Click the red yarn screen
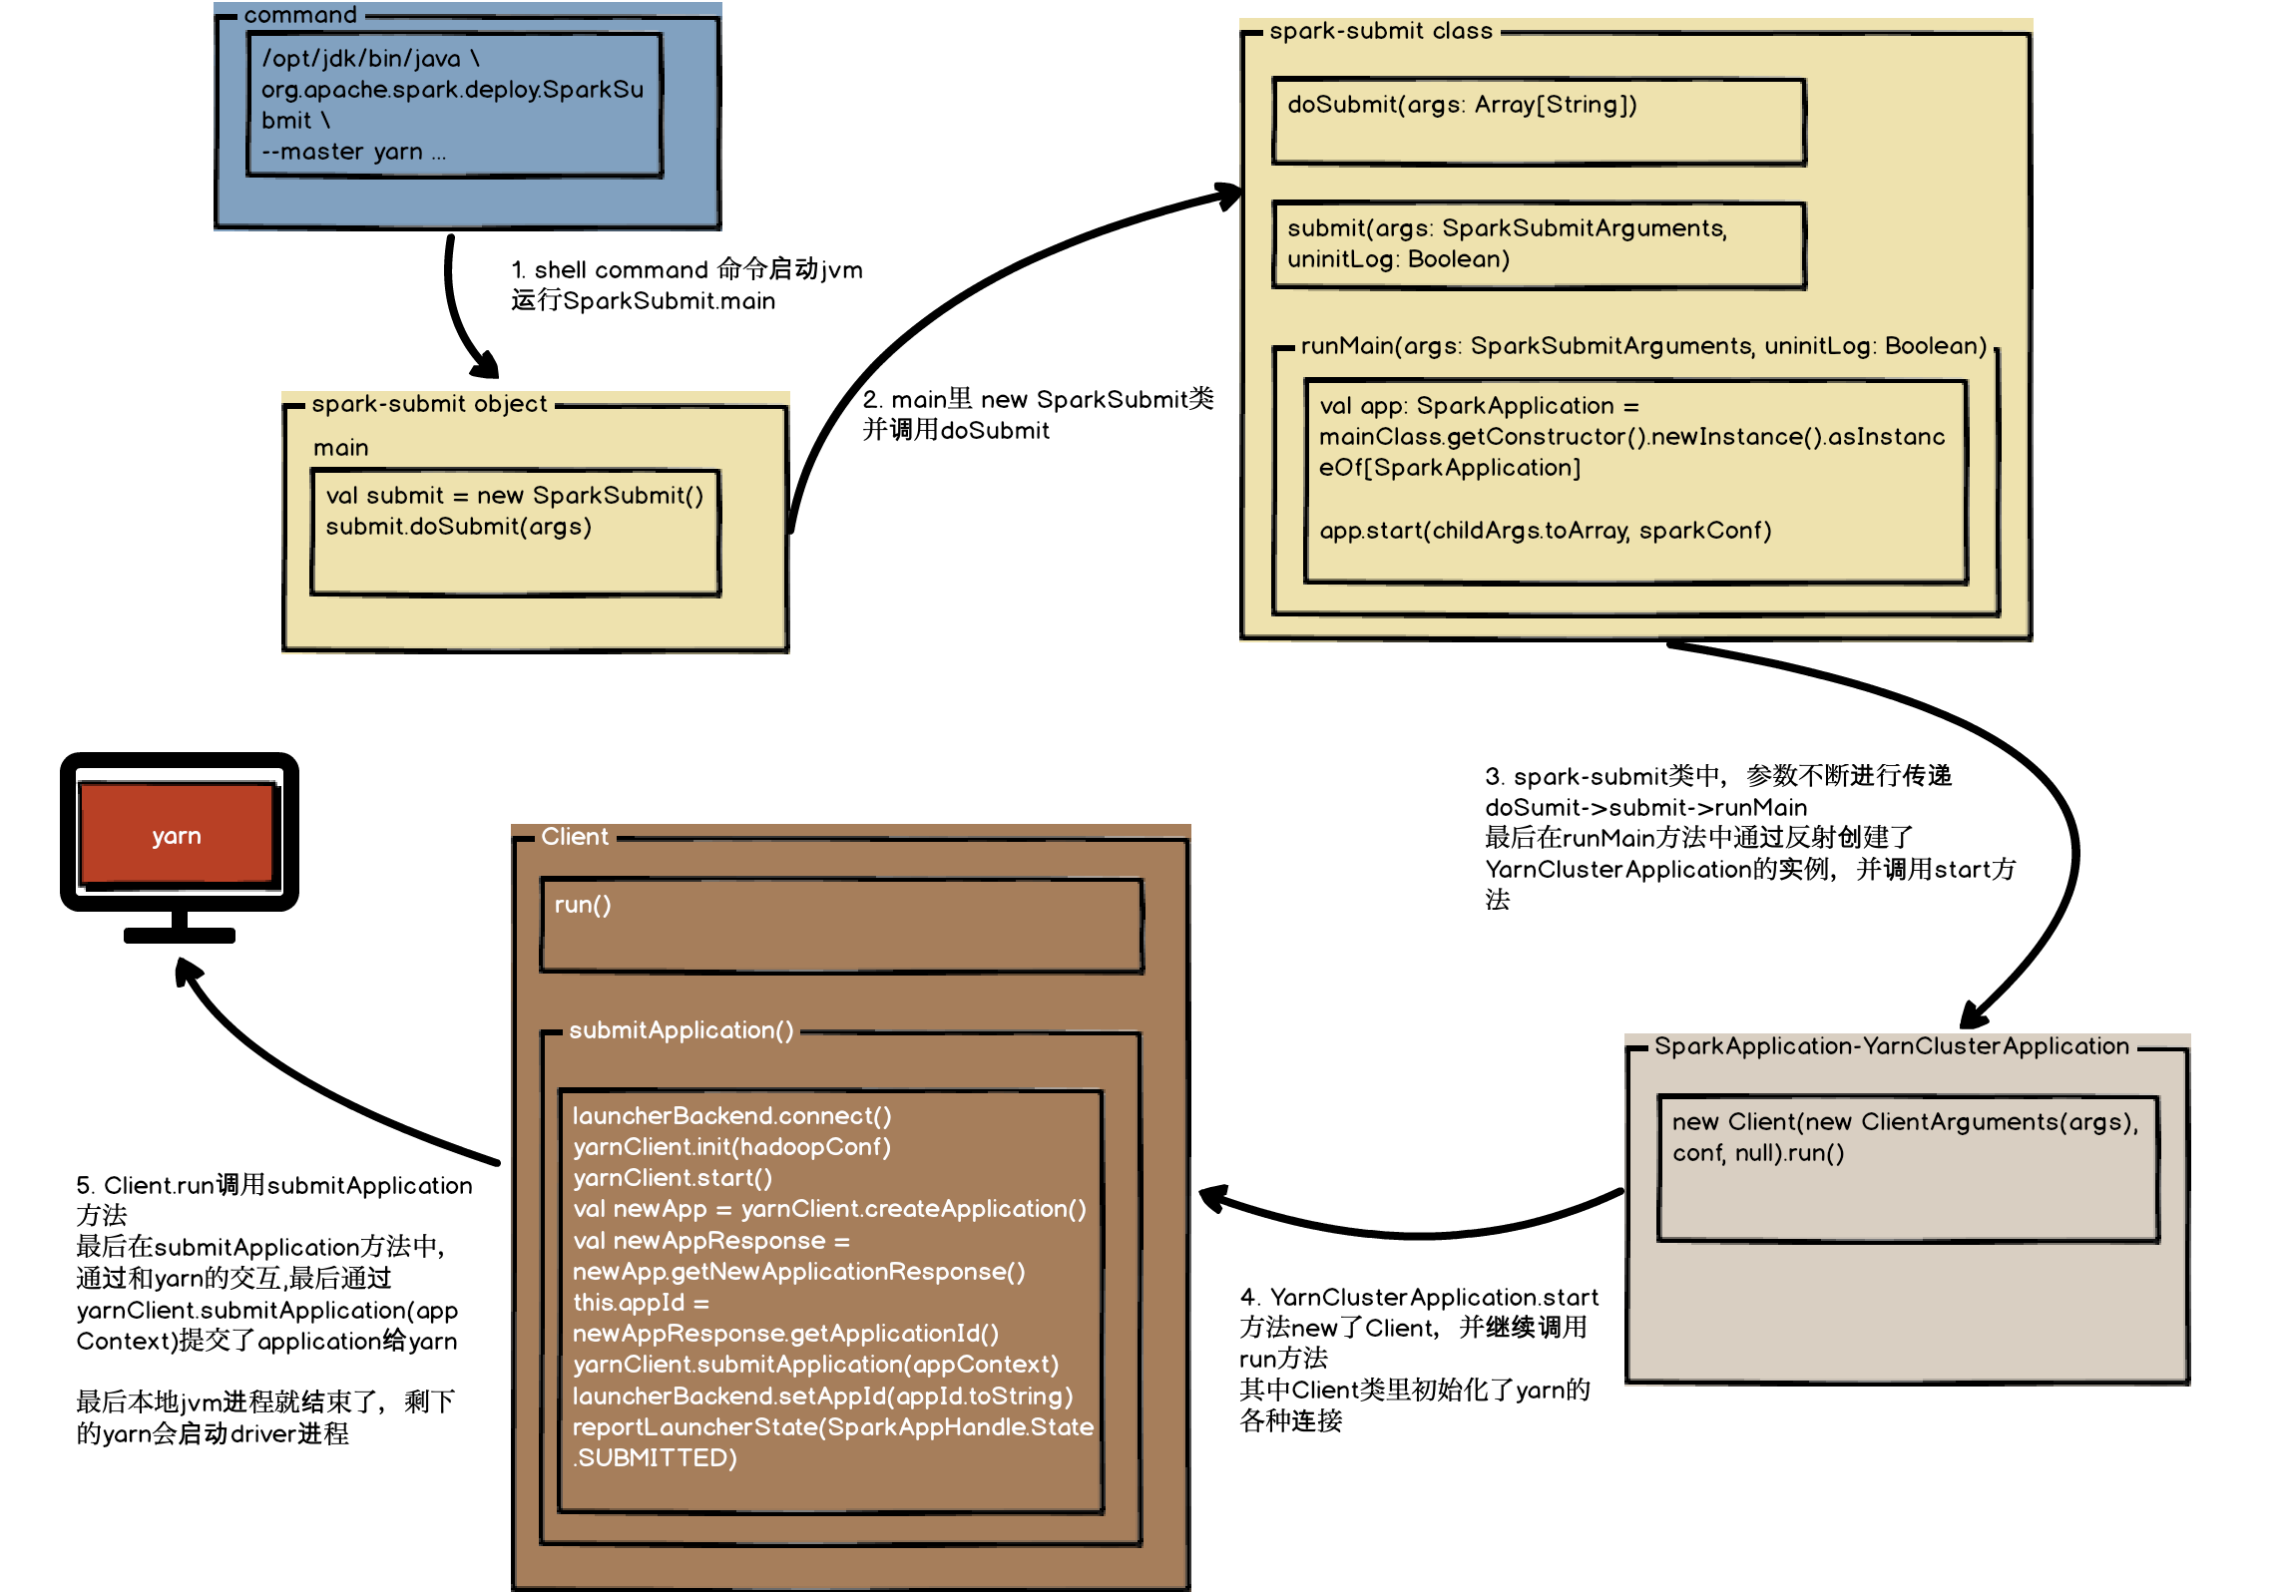point(177,834)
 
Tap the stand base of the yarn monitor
point(180,935)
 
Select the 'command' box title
point(299,15)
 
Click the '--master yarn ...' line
point(353,152)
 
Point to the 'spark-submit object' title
point(429,404)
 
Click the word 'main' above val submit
point(340,448)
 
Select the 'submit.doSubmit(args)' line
point(458,527)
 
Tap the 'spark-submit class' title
point(1380,31)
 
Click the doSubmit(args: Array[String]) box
point(1538,121)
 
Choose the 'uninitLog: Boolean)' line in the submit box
point(1397,259)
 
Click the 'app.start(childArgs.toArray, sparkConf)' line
point(1545,531)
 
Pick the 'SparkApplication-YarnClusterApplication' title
point(1891,1046)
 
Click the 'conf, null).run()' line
point(1758,1153)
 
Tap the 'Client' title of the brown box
point(574,837)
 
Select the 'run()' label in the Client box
point(582,905)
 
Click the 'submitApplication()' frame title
point(681,1030)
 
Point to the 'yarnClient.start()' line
point(672,1178)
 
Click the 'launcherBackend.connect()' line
point(731,1116)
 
